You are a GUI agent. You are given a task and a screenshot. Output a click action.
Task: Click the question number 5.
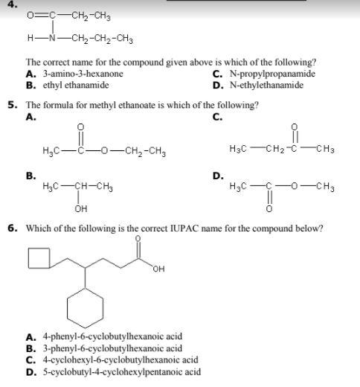(13, 105)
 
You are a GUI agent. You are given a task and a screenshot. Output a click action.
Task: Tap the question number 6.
(13, 228)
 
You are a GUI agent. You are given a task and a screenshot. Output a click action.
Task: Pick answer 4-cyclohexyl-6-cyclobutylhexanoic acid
(119, 359)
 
